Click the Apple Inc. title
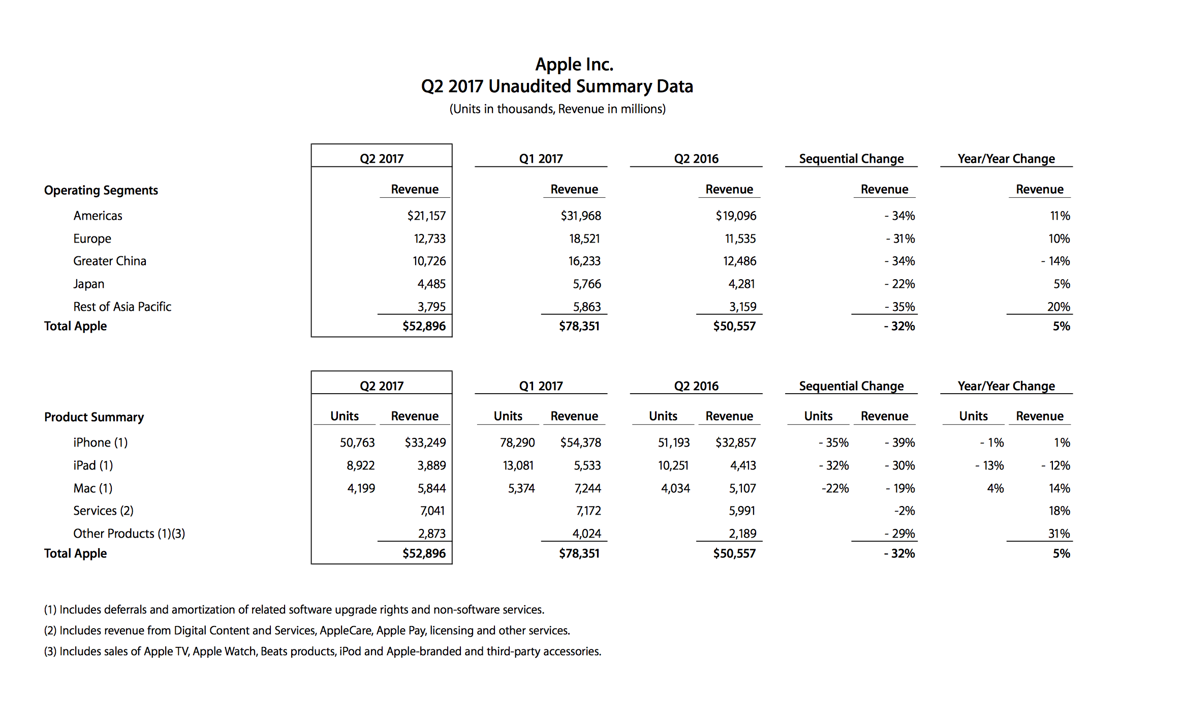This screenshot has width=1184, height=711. [574, 65]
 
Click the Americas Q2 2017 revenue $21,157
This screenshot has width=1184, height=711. [426, 216]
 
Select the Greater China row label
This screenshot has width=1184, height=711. [110, 261]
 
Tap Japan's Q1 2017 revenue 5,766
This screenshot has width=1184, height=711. [587, 284]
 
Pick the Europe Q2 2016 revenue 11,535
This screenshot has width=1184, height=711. [740, 239]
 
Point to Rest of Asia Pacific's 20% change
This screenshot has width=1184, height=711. [1058, 307]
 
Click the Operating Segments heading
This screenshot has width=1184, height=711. [101, 190]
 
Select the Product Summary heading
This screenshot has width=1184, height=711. [94, 417]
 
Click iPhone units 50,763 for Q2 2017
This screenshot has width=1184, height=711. [357, 442]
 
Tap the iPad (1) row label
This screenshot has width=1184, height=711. [93, 465]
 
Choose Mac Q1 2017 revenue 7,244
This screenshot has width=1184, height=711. [587, 488]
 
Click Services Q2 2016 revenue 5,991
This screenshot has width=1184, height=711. [742, 511]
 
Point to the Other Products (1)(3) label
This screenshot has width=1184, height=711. [129, 534]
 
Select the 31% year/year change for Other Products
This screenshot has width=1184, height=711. [1059, 534]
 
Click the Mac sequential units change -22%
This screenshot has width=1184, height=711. [835, 488]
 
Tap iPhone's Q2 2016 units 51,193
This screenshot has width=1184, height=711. [674, 442]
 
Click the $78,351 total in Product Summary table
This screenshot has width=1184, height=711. [579, 553]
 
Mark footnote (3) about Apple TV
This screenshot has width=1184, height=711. [323, 651]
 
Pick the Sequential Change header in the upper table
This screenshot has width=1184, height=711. [851, 159]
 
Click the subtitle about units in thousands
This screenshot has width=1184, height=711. [557, 109]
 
